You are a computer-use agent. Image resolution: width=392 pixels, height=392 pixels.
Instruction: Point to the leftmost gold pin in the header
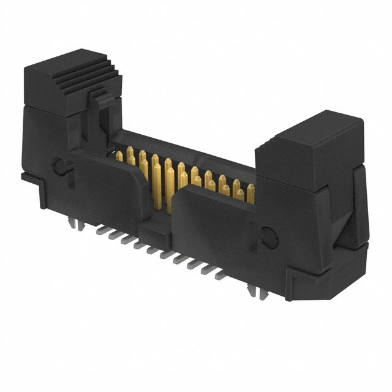click(x=119, y=157)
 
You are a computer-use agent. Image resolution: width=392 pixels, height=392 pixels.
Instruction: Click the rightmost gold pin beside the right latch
click(x=251, y=195)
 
